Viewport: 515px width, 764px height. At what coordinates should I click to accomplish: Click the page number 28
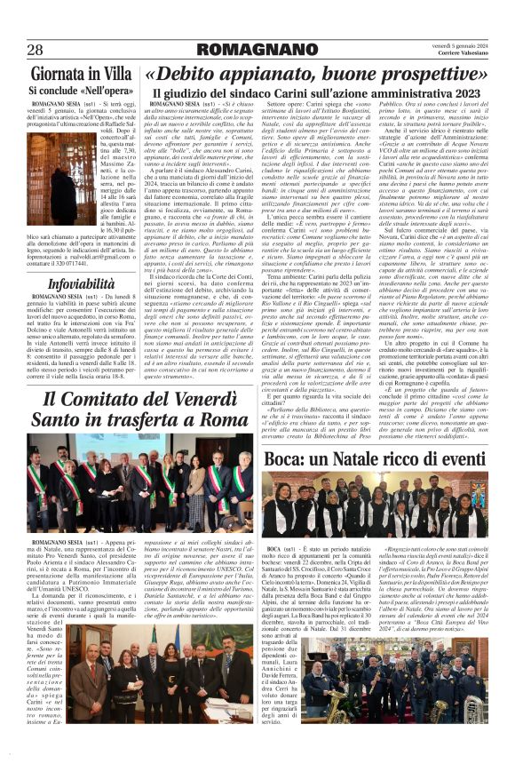36,50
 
